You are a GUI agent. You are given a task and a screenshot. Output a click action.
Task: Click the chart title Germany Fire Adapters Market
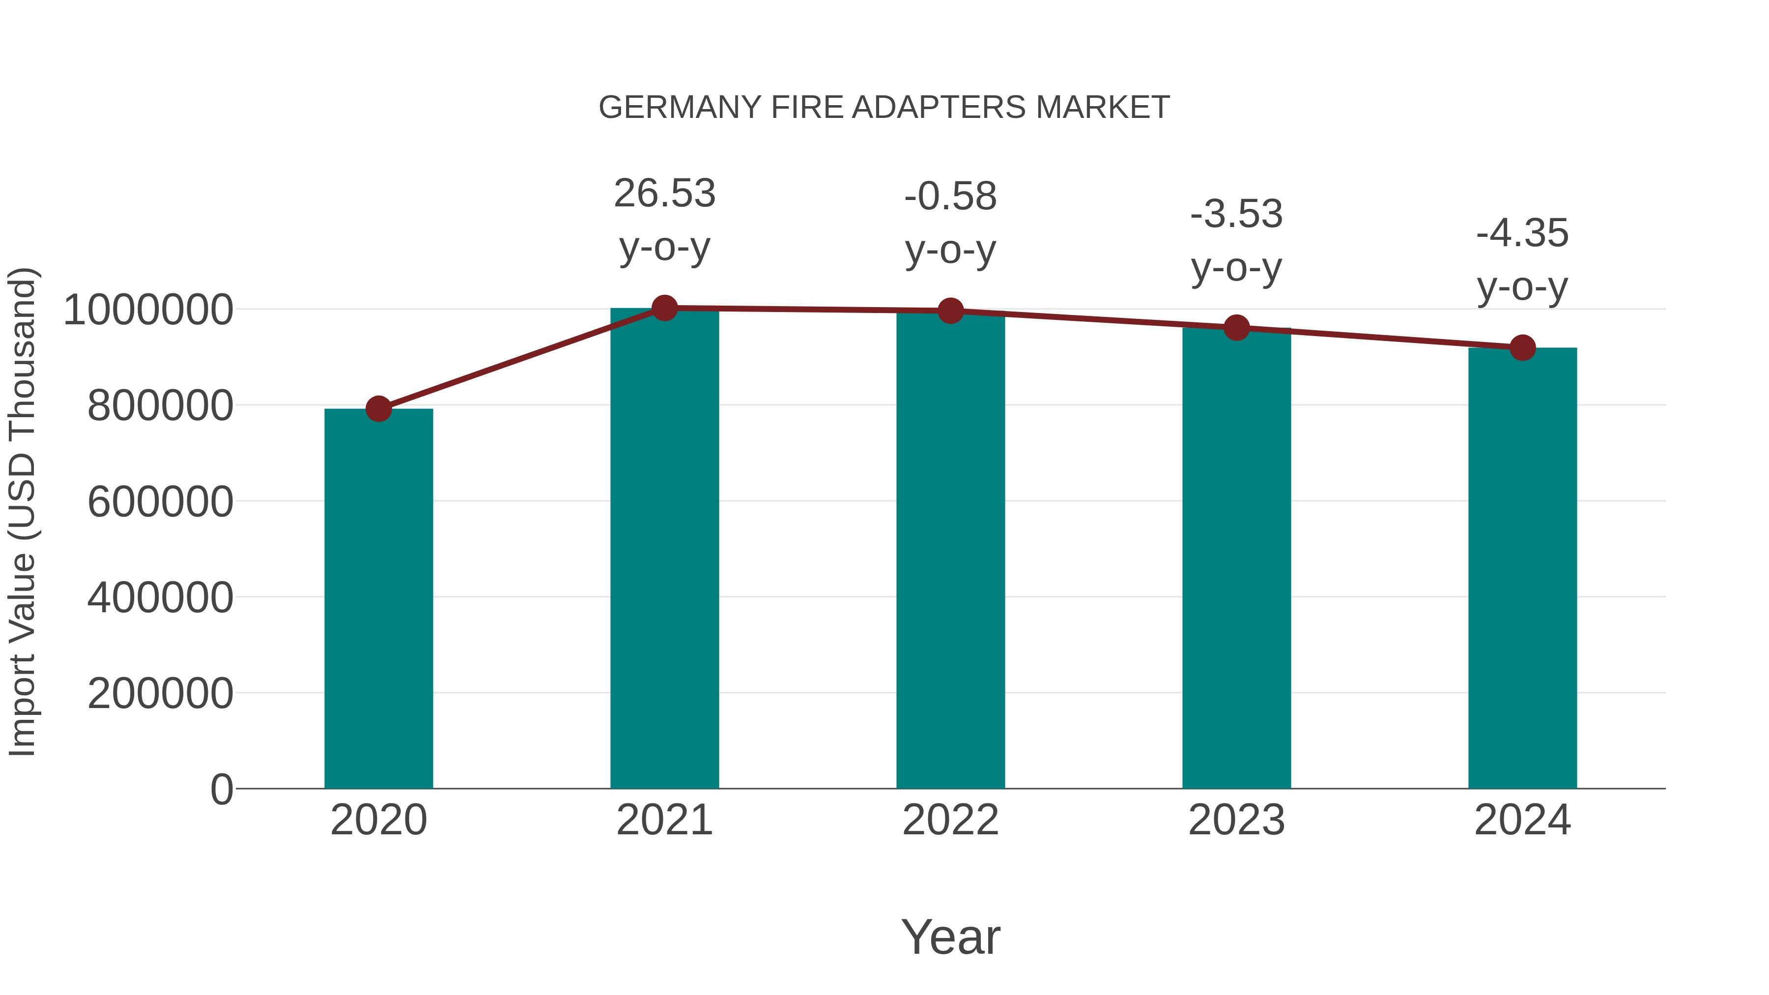(x=884, y=108)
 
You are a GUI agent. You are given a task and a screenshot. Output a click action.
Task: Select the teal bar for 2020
(x=378, y=597)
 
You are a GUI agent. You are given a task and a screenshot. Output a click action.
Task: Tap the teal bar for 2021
(x=664, y=549)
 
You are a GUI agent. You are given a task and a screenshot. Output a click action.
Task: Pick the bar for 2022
(x=950, y=549)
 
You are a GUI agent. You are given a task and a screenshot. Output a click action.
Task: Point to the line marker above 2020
(x=378, y=409)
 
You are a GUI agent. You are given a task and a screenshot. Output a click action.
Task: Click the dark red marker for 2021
(x=664, y=308)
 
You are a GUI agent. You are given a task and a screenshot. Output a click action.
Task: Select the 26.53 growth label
(x=664, y=194)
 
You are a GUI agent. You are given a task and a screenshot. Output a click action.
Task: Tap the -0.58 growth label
(x=950, y=197)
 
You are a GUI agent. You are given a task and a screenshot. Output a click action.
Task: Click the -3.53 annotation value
(x=1236, y=214)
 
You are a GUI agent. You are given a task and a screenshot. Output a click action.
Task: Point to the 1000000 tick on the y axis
(x=147, y=310)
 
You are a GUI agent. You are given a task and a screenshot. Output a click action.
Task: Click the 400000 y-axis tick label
(x=160, y=597)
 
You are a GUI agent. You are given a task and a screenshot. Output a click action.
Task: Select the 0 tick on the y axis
(x=221, y=789)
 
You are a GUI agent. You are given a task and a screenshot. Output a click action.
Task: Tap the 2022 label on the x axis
(x=950, y=820)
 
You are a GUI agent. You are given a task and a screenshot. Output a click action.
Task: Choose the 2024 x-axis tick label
(x=1522, y=820)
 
